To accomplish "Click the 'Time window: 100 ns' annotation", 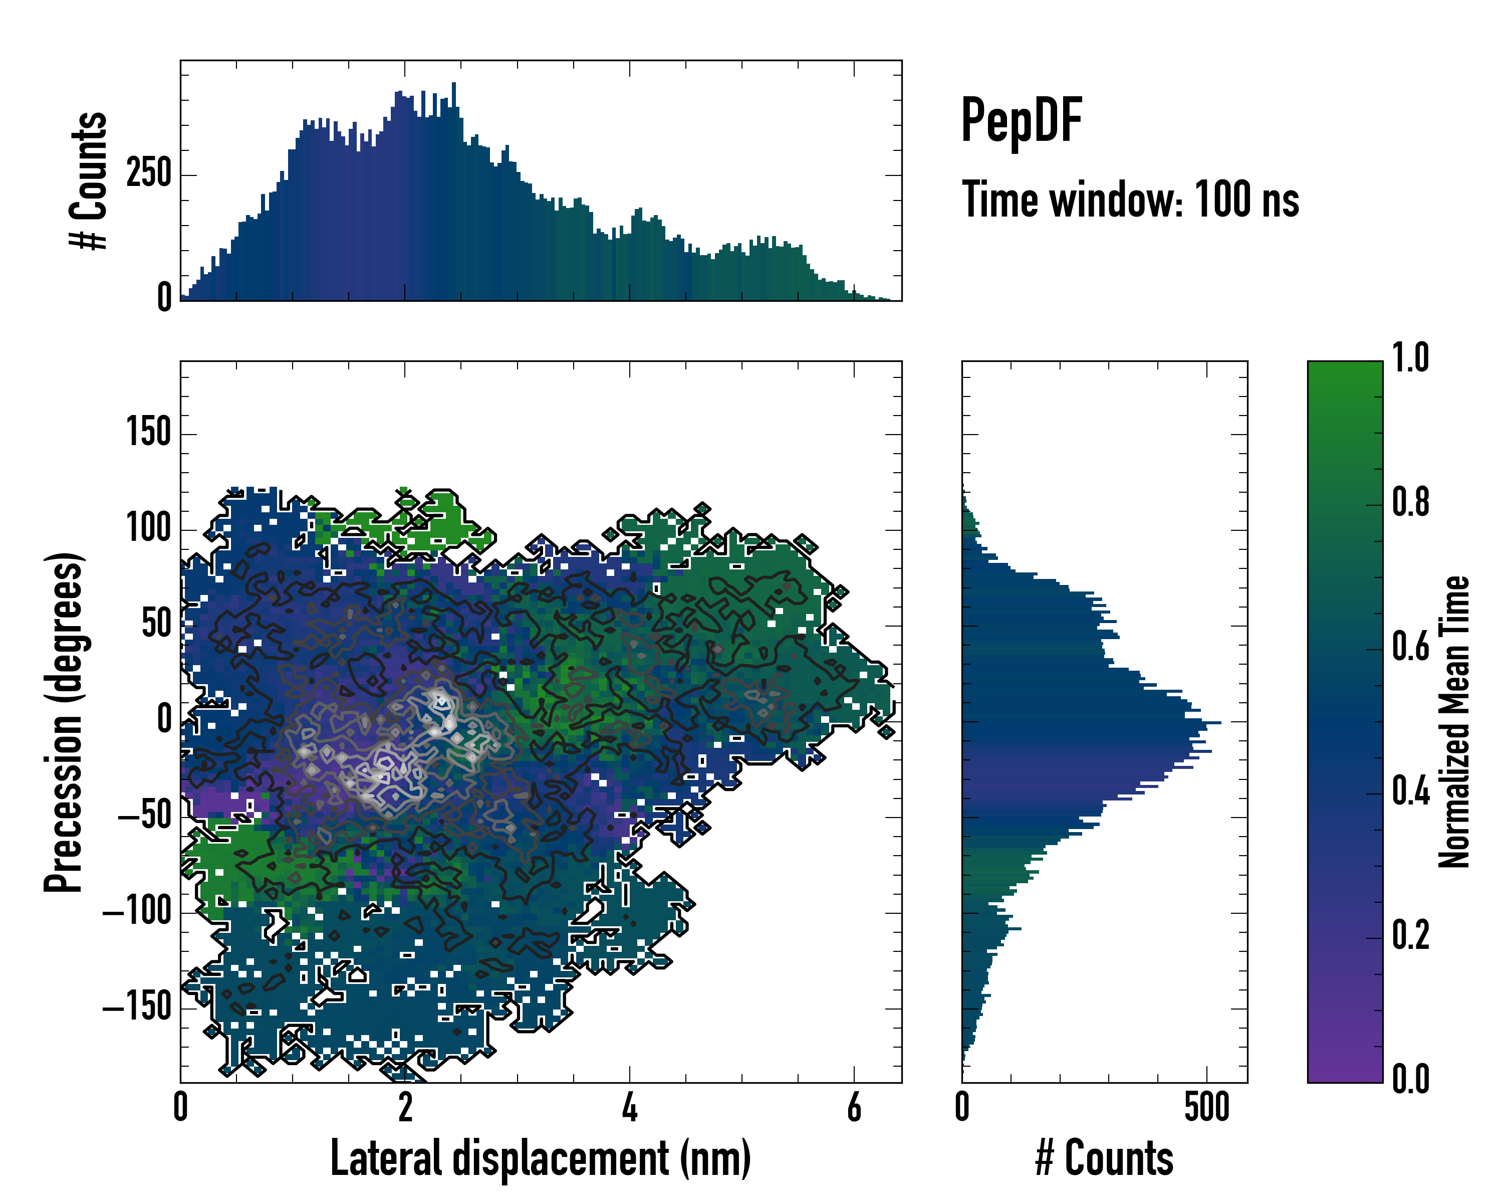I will [x=1130, y=200].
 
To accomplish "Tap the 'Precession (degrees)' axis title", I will [x=64, y=722].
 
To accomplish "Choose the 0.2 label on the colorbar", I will [x=1410, y=936].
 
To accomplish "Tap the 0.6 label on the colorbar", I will [x=1410, y=647].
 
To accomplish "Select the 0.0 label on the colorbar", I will [x=1410, y=1080].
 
